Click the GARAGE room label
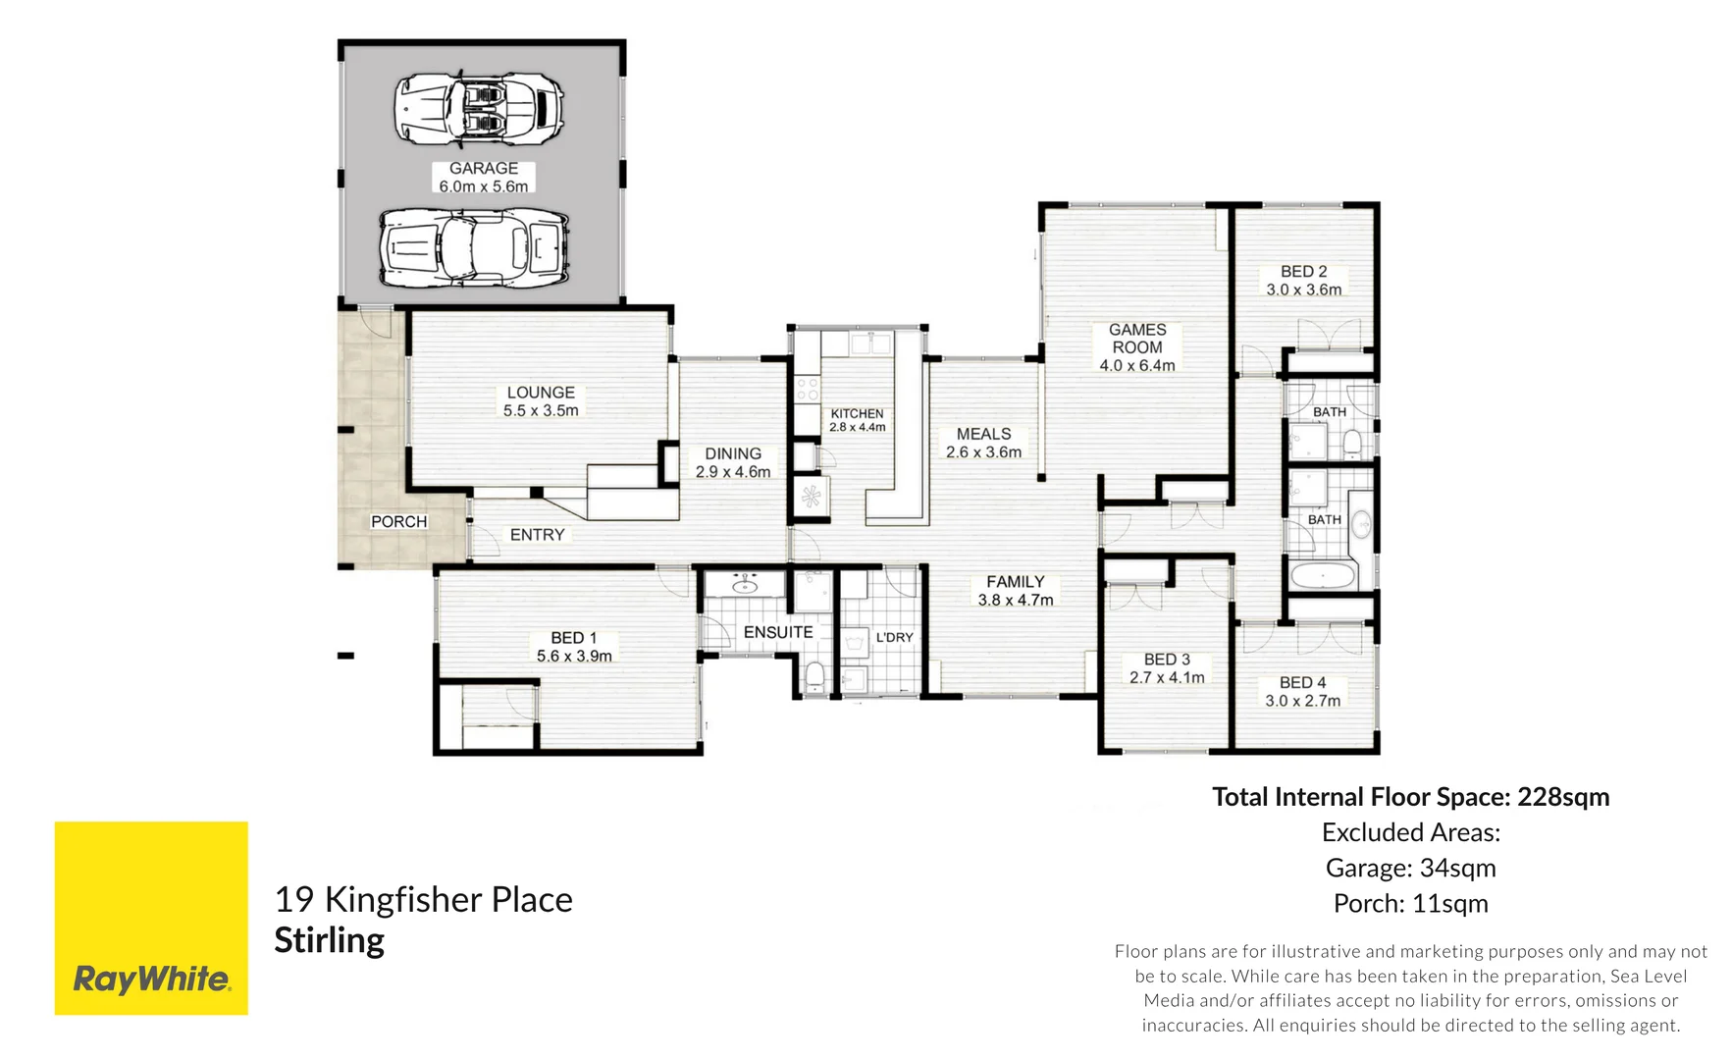coord(483,177)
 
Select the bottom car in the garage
coord(475,246)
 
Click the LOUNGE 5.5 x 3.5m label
coord(541,401)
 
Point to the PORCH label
coord(398,521)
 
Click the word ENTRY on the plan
coord(537,535)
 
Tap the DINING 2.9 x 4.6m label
coord(733,462)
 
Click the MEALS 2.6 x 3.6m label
coord(983,443)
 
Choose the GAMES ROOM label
coord(1137,347)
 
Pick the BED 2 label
coord(1303,280)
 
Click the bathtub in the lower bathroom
coord(1323,574)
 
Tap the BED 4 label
coord(1302,691)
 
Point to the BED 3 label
coord(1167,668)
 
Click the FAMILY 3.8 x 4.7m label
coord(1016,591)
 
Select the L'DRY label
coord(894,637)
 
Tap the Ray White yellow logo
coord(151,918)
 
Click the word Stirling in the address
coord(329,940)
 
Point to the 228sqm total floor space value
coord(1563,797)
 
